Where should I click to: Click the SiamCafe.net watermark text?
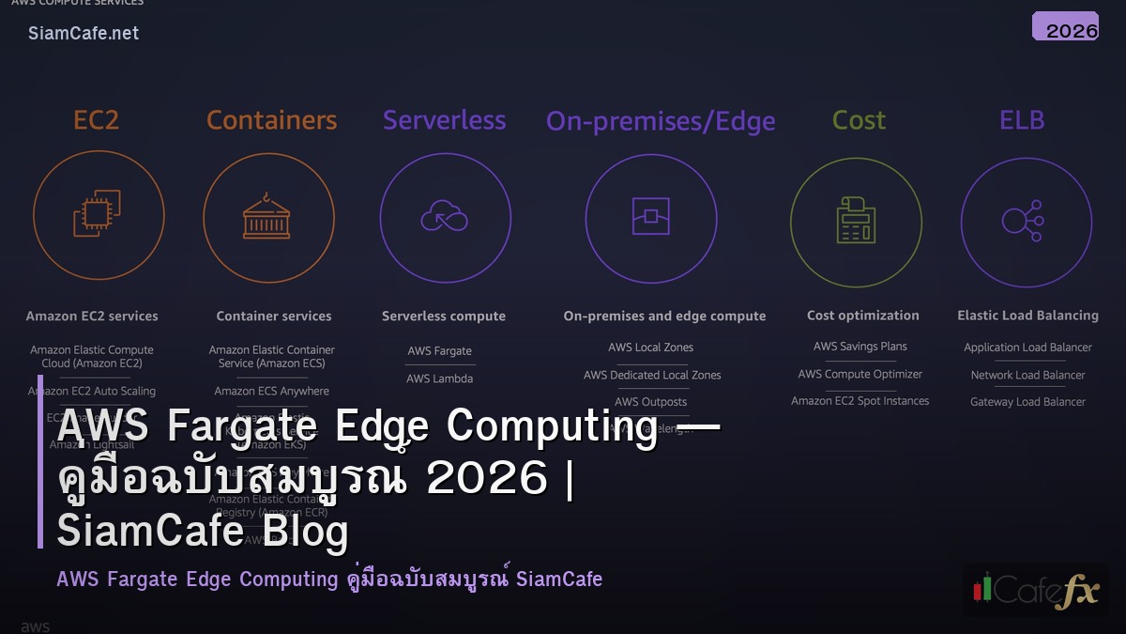[84, 33]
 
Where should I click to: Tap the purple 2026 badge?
[1065, 27]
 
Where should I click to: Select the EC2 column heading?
[97, 120]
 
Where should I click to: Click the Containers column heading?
[271, 120]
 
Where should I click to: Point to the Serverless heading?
[444, 120]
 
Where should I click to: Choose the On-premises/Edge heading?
[661, 121]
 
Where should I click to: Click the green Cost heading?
[859, 120]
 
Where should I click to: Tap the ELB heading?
[1022, 120]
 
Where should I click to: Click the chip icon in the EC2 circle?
[98, 214]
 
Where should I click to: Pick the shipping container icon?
[267, 217]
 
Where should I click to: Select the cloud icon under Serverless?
[444, 217]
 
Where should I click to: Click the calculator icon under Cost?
[855, 220]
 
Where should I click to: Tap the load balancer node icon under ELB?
[1022, 219]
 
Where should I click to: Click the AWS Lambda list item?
[439, 379]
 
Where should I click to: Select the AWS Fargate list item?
[439, 351]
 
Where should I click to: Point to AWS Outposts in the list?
[650, 402]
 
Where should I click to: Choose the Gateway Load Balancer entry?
[1027, 402]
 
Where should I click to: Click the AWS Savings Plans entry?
[860, 347]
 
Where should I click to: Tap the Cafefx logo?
[1035, 589]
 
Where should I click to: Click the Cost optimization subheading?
[862, 316]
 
